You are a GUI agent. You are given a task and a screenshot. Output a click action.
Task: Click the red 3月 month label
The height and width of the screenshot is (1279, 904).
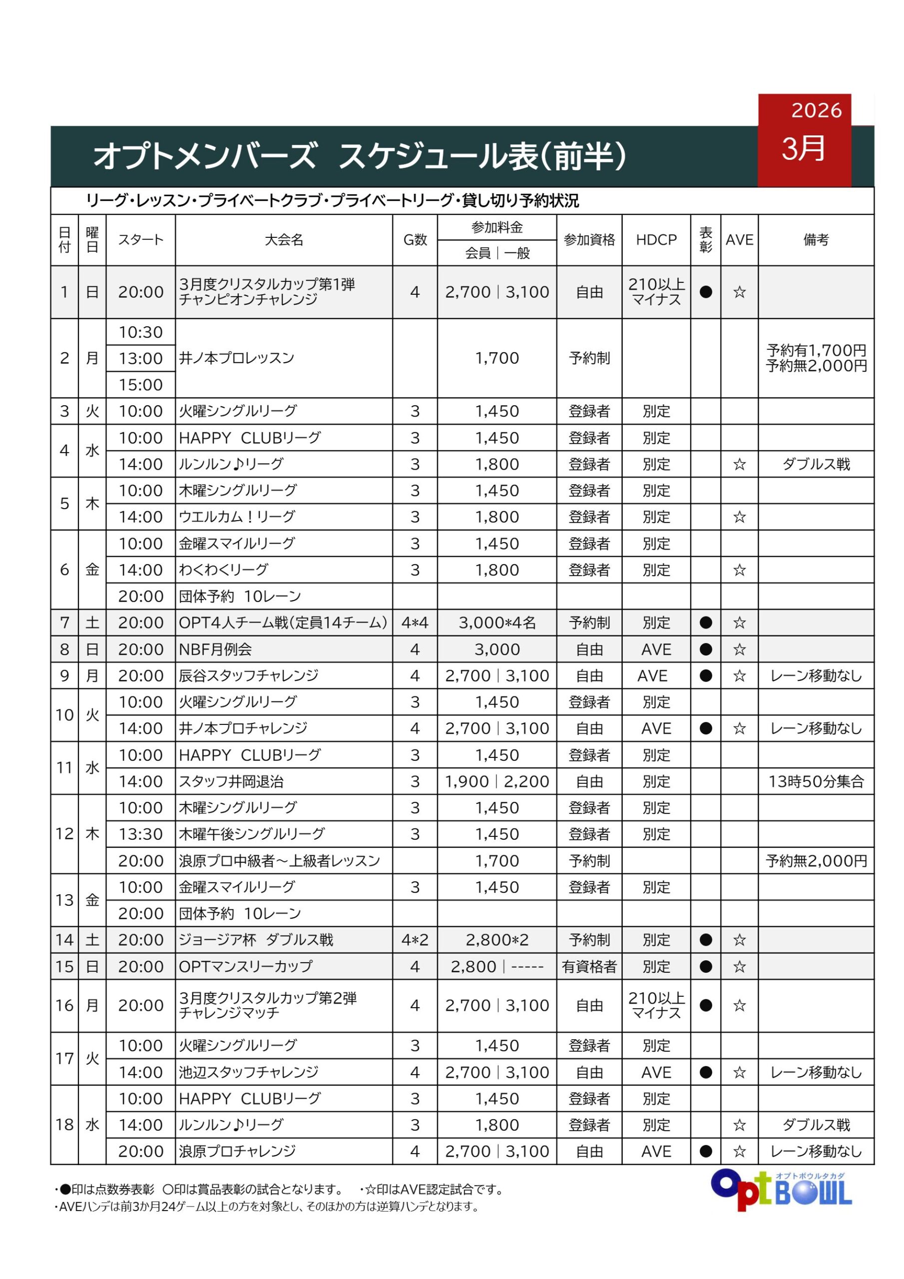(x=803, y=149)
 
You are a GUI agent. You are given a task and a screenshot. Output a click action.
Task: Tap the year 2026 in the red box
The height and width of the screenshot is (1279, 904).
(x=816, y=111)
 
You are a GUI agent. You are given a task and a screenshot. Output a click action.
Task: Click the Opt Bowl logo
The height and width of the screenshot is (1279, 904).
(x=781, y=1191)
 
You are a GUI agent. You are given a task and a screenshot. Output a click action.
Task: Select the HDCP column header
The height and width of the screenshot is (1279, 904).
(x=656, y=240)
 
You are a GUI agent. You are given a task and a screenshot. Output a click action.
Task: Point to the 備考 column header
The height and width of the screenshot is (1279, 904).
(x=816, y=240)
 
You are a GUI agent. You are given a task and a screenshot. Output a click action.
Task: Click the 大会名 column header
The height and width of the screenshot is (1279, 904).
(x=284, y=240)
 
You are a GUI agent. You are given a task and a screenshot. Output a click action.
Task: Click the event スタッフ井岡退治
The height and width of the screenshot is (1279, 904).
(x=231, y=781)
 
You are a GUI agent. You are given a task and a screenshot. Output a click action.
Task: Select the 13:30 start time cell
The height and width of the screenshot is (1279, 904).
(x=140, y=834)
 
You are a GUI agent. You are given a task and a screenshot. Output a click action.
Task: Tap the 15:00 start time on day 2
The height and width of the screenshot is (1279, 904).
(x=140, y=385)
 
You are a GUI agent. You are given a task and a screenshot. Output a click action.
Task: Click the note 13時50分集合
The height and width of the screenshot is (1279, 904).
(x=816, y=781)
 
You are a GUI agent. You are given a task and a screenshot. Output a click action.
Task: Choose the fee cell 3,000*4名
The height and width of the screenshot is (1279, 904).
(x=497, y=623)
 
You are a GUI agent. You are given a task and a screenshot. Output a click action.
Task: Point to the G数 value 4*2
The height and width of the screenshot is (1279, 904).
(x=415, y=940)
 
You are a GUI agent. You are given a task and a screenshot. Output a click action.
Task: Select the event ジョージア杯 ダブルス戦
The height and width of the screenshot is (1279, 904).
(x=256, y=940)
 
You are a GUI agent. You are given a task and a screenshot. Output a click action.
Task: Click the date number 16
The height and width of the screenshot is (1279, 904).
(x=64, y=1006)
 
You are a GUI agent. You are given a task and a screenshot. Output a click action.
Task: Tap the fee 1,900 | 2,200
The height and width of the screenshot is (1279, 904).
(x=497, y=781)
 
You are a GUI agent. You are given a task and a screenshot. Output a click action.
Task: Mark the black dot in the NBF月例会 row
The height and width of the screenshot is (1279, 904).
(x=705, y=649)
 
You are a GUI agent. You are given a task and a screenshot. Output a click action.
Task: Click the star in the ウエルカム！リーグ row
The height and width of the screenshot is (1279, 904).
(x=739, y=517)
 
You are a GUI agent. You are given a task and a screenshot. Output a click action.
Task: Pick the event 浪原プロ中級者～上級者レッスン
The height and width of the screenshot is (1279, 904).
(x=279, y=861)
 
